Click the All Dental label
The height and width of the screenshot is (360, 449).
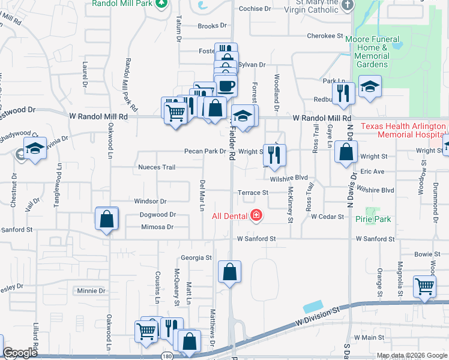(x=230, y=215)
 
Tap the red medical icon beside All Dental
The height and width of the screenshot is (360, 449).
(x=256, y=215)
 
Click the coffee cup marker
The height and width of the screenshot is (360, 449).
(x=226, y=86)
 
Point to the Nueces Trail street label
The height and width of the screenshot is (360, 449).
(x=156, y=167)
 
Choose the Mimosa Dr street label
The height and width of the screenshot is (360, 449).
(x=157, y=227)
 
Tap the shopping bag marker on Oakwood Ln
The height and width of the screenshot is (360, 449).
(x=106, y=220)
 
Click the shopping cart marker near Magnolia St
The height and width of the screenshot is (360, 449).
(x=424, y=287)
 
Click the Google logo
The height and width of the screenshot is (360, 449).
(x=20, y=353)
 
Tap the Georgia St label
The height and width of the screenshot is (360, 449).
(x=196, y=258)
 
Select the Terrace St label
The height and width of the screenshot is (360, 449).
(x=252, y=193)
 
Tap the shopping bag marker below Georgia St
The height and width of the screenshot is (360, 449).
(x=229, y=272)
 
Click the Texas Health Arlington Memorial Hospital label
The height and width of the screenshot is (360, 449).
(x=403, y=131)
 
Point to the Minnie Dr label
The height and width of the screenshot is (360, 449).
(x=91, y=291)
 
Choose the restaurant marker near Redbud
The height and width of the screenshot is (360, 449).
(x=343, y=94)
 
